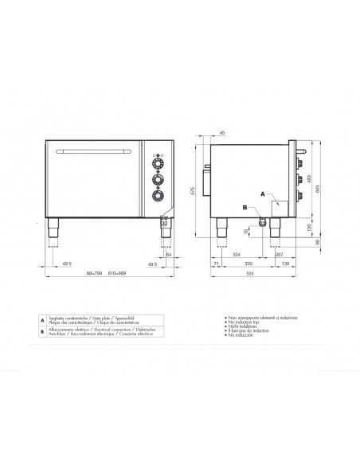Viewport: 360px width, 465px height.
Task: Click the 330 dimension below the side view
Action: [248, 263]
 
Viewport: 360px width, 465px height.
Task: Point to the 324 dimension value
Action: [237, 255]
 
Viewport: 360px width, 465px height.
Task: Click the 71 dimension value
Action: [217, 263]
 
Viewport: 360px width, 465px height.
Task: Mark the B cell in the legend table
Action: [42, 331]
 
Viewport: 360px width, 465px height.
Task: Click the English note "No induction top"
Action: [242, 321]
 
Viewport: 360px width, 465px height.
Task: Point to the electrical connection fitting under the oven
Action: [260, 222]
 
